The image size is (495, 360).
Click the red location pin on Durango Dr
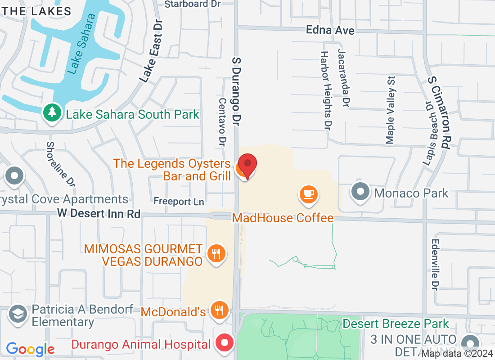coord(247,165)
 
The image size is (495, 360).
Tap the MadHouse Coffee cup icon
coord(309,195)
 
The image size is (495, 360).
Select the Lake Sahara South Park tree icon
coord(53,113)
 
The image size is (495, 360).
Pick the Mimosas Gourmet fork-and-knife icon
coord(216,254)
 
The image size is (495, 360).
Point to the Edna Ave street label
coord(330,30)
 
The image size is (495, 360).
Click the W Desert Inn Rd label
coord(99,213)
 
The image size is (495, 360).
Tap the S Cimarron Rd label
coord(440,112)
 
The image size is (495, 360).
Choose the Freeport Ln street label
coord(179,201)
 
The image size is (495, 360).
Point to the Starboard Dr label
coord(193,4)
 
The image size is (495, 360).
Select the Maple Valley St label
coord(390,109)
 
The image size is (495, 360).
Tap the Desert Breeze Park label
coord(396,324)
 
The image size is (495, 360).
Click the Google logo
coord(30,349)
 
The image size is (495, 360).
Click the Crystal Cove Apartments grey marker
coord(15,175)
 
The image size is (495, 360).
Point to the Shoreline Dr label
coord(60,164)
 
